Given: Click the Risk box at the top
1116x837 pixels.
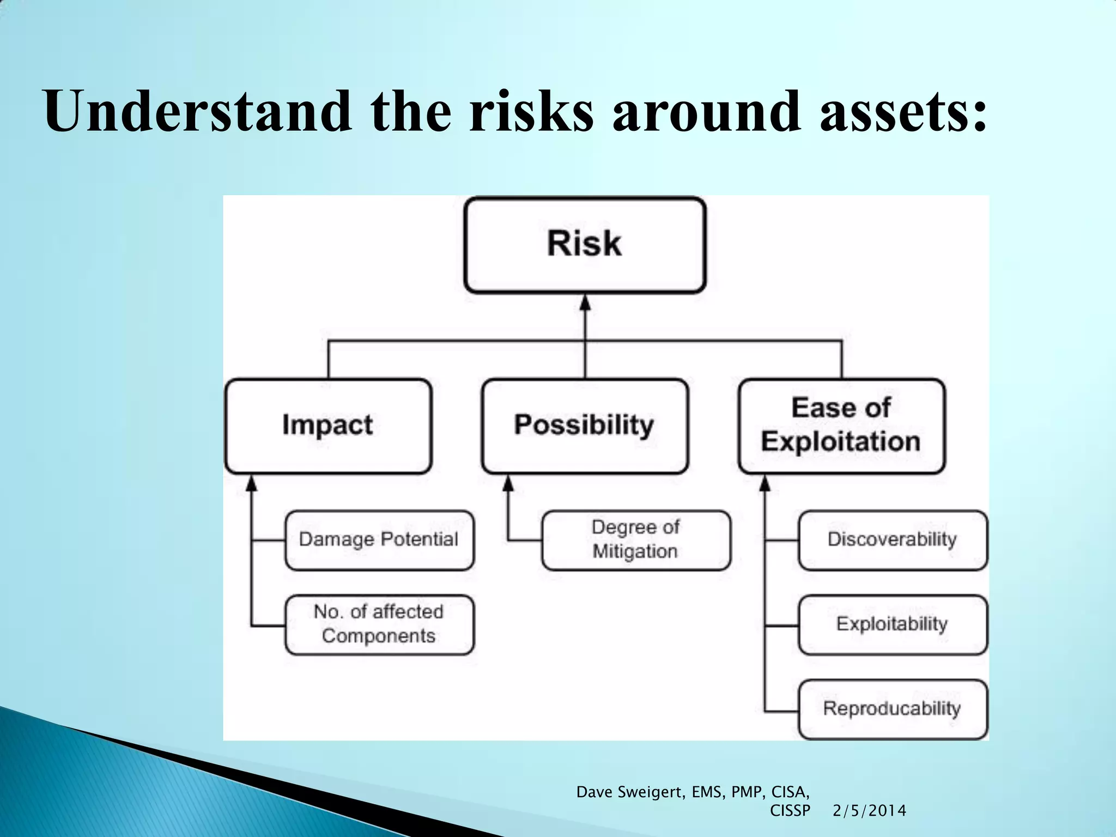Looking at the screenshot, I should coord(585,245).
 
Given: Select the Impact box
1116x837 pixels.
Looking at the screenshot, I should coord(328,426).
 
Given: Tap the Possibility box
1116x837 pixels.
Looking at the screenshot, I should coord(585,426).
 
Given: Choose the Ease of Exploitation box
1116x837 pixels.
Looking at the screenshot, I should coord(841,426).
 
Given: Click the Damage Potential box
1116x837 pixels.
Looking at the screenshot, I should coord(379,540).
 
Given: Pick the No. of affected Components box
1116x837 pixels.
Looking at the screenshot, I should coord(379,624).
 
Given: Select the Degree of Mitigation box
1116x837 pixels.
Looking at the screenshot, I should coord(636,540).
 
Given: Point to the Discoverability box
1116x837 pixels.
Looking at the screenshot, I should coord(893,540).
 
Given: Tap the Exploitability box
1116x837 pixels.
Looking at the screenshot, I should coord(893,624).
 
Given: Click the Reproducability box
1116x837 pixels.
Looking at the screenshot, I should coord(893,709).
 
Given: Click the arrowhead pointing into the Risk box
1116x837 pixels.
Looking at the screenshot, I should coord(585,303).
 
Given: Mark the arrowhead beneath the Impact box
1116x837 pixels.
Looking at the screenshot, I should coord(251,483).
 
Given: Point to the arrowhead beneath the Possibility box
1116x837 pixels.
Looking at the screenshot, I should coord(508,483).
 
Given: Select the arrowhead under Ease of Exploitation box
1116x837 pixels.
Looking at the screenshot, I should coord(765,483).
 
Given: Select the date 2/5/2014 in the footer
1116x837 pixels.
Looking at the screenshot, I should coord(869,811).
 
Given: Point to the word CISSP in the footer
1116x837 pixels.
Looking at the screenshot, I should coord(790,811).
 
